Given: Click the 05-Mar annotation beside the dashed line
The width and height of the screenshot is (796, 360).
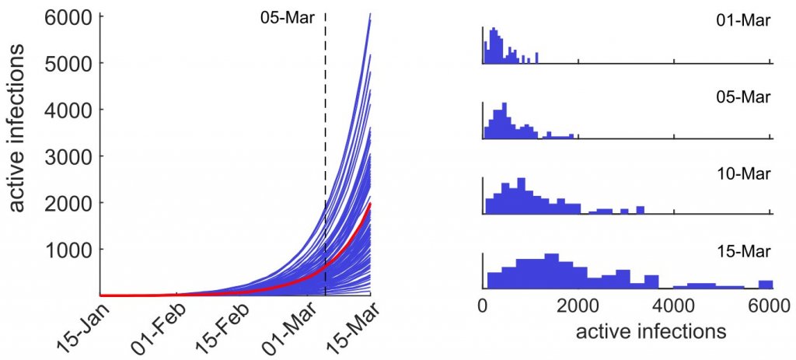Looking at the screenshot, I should pos(287,16).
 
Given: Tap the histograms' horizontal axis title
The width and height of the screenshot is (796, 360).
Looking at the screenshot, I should pos(651,332).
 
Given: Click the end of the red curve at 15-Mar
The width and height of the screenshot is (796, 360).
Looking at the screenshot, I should pos(370,204).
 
